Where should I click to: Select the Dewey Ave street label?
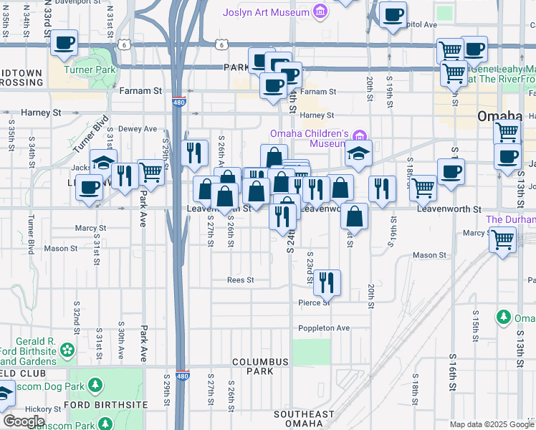click(x=136, y=129)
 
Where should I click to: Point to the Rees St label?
click(x=241, y=280)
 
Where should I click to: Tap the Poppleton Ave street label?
click(x=324, y=328)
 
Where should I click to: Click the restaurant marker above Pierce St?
click(x=327, y=282)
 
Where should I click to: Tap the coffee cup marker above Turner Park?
click(x=64, y=42)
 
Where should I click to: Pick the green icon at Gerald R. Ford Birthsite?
click(x=68, y=350)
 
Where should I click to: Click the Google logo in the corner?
click(x=23, y=421)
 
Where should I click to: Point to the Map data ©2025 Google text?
click(x=492, y=424)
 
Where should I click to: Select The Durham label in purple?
click(x=510, y=219)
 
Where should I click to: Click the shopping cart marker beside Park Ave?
click(x=150, y=171)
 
